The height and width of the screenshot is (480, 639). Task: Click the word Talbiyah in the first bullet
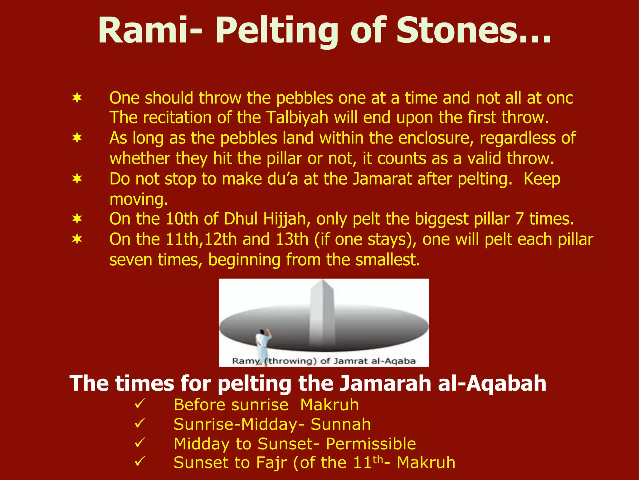tap(298, 118)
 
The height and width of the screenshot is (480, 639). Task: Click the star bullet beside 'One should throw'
tap(77, 98)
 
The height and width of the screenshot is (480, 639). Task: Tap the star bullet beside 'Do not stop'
tap(77, 179)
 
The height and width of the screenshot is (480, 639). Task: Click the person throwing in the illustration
tap(263, 343)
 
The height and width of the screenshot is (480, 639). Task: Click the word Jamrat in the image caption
tap(350, 361)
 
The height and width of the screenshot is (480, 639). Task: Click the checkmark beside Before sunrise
tap(139, 404)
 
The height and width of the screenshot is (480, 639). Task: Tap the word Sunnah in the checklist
tap(341, 424)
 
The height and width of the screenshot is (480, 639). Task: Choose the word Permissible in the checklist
tap(371, 444)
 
